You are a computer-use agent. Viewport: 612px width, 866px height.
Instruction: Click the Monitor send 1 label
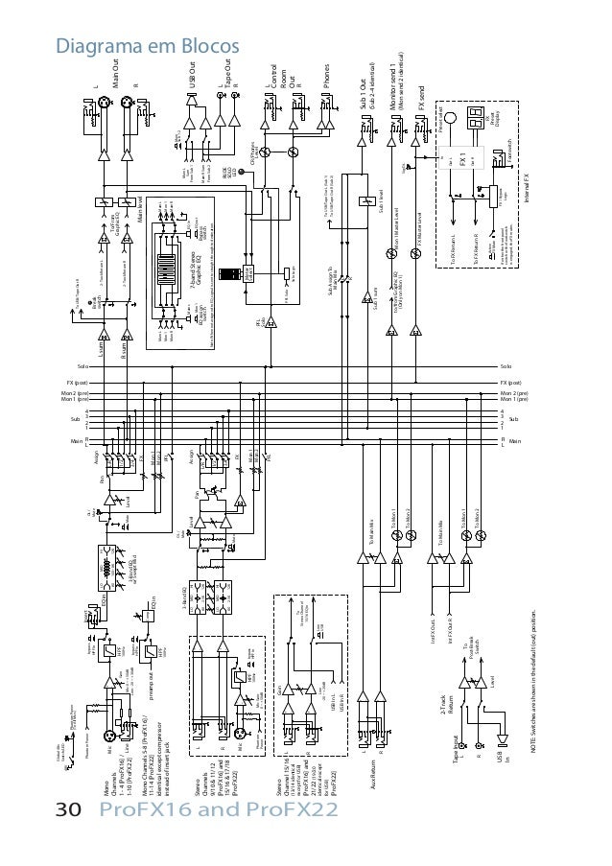pos(394,91)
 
